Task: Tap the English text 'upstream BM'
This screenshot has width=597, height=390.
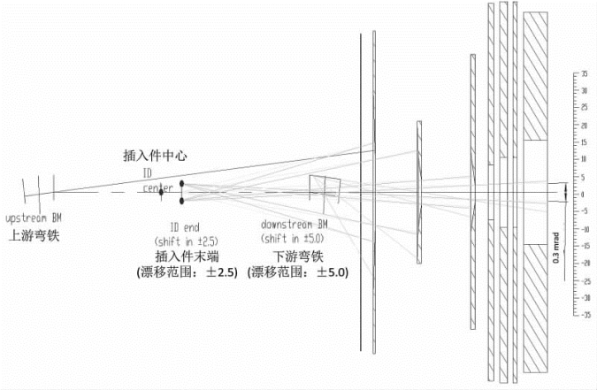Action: [x=34, y=218]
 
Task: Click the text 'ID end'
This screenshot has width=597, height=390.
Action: [x=185, y=226]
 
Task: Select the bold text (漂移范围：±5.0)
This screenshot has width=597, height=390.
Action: [x=300, y=271]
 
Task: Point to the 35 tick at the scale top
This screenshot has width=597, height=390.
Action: [x=584, y=73]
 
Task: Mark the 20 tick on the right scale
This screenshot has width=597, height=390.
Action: [x=584, y=125]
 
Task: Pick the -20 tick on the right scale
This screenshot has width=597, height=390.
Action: [x=583, y=262]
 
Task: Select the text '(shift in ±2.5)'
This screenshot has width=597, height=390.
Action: [x=185, y=241]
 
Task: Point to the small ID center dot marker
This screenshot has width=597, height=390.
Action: [x=161, y=193]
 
